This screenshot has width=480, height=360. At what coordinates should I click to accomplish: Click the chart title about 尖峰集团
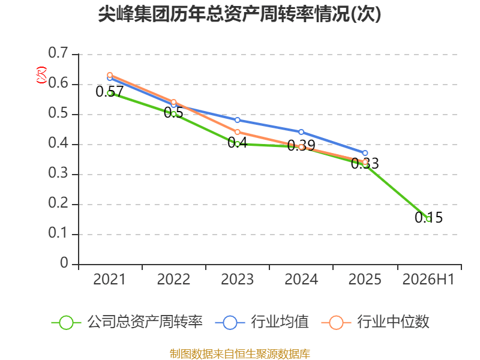(x=239, y=14)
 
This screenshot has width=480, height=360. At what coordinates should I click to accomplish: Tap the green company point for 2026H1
(x=428, y=219)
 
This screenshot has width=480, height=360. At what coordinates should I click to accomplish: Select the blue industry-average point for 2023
(x=237, y=120)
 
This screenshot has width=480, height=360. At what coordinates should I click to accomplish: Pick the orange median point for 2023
(x=237, y=132)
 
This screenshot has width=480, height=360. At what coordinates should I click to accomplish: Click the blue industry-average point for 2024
(x=301, y=132)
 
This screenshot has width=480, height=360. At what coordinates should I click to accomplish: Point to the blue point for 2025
(x=365, y=153)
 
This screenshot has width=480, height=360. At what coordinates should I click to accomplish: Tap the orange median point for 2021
(x=110, y=75)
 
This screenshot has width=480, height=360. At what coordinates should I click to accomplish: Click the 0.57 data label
(x=110, y=91)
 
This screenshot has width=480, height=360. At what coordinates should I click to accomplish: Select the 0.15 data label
(x=428, y=217)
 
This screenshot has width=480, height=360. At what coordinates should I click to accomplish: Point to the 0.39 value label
(x=301, y=145)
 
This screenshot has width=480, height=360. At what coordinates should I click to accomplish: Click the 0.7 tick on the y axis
(x=58, y=53)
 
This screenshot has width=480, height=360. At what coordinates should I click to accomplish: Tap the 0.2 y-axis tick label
(x=58, y=203)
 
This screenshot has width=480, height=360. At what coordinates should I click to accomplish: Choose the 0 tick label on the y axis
(x=64, y=263)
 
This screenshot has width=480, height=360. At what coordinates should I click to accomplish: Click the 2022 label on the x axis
(x=173, y=279)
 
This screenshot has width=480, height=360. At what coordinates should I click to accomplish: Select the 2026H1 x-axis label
(x=428, y=279)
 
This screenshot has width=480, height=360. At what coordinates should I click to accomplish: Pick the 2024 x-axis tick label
(x=301, y=279)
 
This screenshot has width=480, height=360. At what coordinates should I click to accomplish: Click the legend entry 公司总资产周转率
(x=127, y=322)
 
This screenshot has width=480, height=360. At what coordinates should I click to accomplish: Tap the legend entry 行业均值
(x=262, y=322)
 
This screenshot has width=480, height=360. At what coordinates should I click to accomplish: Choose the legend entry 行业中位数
(x=376, y=322)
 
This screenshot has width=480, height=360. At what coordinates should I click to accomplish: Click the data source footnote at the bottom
(x=239, y=354)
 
